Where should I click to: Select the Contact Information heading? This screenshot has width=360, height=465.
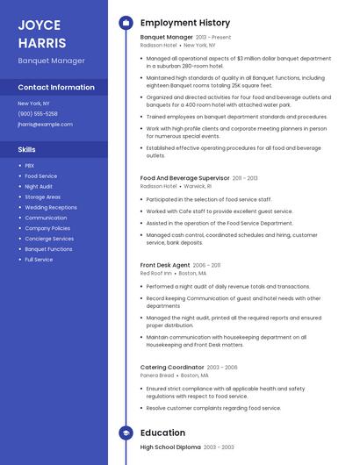[56, 88]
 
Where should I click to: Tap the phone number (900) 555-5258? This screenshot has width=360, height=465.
[38, 114]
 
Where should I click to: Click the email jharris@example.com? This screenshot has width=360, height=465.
[45, 125]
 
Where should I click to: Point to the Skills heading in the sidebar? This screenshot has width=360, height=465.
[26, 150]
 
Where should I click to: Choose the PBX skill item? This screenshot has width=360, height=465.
[30, 166]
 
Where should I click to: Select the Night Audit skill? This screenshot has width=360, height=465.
[39, 187]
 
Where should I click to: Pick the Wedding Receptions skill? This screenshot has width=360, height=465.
[51, 208]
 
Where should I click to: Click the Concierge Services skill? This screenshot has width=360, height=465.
[49, 239]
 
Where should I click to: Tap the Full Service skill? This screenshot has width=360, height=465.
[39, 260]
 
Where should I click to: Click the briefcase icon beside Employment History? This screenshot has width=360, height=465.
[126, 22]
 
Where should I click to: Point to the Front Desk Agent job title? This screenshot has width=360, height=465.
[165, 265]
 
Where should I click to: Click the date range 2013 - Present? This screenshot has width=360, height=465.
[213, 38]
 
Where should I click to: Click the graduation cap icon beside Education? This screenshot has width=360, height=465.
[126, 433]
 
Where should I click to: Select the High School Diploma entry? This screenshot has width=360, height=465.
[169, 447]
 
